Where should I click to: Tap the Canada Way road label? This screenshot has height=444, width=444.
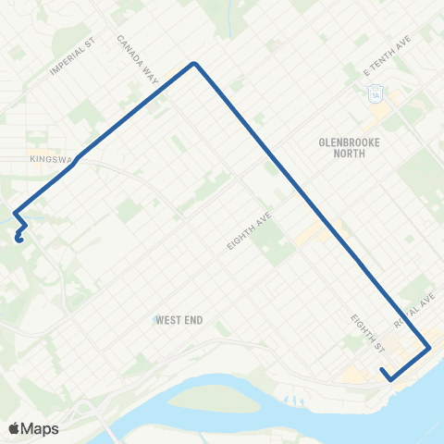[x=138, y=59]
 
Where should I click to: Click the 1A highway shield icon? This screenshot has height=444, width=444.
[x=376, y=93]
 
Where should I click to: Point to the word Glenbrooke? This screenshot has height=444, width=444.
[x=343, y=142]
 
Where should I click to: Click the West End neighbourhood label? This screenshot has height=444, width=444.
[x=179, y=320]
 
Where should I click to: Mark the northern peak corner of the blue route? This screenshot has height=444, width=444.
[x=194, y=63]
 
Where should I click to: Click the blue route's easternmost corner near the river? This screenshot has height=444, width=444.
[x=429, y=349]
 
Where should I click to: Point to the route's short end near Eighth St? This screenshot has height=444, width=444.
[x=382, y=372]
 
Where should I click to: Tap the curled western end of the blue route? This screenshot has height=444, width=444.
[x=18, y=239]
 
